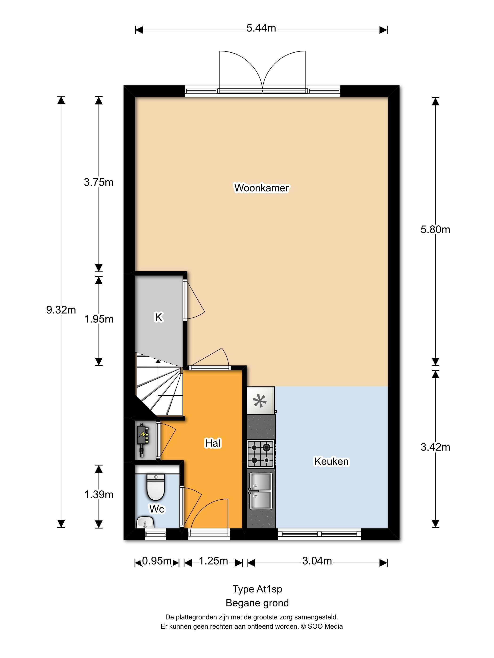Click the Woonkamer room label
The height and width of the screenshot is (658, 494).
pos(261,188)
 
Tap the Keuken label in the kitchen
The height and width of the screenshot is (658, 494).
pos(331,461)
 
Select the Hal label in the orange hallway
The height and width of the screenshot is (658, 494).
pos(213,443)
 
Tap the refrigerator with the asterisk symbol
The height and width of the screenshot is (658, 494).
pos(260,400)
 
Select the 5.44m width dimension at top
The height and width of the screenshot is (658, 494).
pos(261,28)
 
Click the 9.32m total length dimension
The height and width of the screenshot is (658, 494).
pos(61,310)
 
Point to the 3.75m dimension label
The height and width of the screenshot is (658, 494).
pos(99,182)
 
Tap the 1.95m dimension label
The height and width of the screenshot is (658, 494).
pos(99,319)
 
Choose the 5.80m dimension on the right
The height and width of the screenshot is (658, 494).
pos(435,230)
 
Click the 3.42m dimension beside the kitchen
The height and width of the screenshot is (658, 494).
pos(435,447)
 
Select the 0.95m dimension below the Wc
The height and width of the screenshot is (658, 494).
pos(157,561)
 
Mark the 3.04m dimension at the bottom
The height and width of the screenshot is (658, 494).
pos(317,561)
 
